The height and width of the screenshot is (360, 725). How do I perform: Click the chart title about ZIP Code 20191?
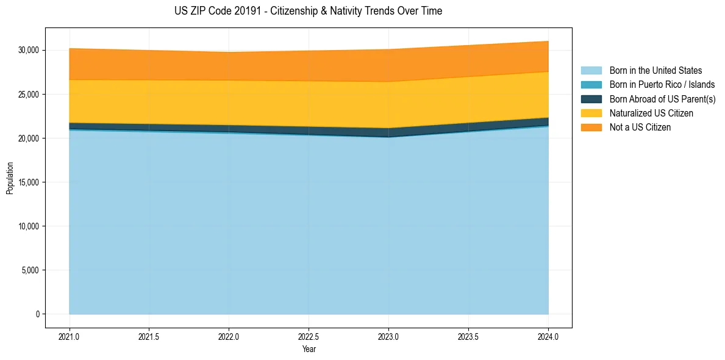click(x=308, y=11)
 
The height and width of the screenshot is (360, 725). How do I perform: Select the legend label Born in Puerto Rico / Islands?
click(x=662, y=85)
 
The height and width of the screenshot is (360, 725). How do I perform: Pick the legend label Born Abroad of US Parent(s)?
click(x=662, y=99)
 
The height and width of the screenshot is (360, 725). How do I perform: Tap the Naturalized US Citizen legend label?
click(x=651, y=113)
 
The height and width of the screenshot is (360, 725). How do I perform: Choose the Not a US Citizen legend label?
click(x=640, y=128)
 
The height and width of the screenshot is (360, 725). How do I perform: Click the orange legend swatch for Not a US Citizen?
click(x=591, y=128)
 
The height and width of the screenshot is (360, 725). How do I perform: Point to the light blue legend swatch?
click(x=591, y=71)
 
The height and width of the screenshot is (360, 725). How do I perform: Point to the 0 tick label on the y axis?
click(x=37, y=314)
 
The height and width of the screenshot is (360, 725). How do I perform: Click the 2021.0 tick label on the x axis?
click(x=70, y=336)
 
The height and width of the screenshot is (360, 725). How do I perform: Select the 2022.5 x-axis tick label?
click(x=309, y=336)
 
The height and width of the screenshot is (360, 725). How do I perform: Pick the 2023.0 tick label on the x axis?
click(x=388, y=336)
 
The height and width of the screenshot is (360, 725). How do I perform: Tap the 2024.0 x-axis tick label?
click(x=548, y=336)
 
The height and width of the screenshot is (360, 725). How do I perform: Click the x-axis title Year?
click(x=309, y=349)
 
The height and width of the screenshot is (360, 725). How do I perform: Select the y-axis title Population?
click(x=10, y=178)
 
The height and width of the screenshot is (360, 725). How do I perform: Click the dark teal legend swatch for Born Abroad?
click(x=591, y=99)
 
